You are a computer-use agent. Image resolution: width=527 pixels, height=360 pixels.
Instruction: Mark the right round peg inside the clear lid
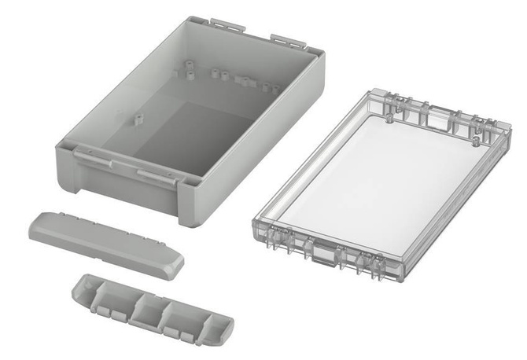point(477,140)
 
